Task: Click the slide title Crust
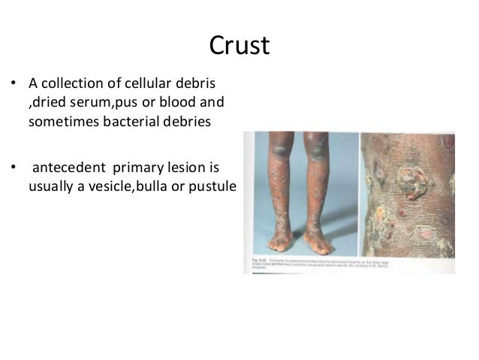click(x=239, y=46)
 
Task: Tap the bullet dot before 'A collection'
click(x=13, y=83)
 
